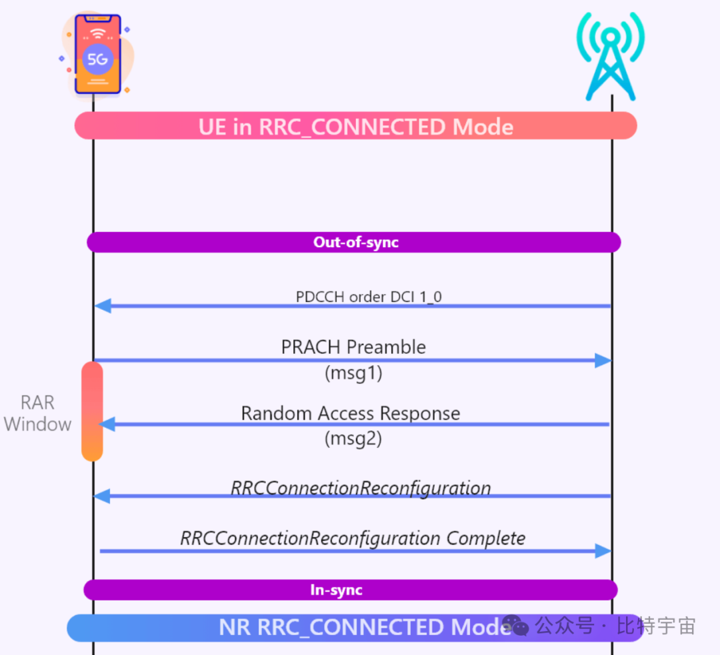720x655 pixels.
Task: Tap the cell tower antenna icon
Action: pyautogui.click(x=611, y=57)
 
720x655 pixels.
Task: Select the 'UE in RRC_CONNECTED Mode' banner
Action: pyautogui.click(x=355, y=126)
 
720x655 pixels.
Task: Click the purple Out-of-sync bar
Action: pyautogui.click(x=354, y=242)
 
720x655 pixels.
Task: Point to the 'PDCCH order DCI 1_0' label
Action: pyautogui.click(x=369, y=297)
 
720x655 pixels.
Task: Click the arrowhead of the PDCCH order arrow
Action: pyautogui.click(x=102, y=306)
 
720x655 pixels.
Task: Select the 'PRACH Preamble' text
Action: pyautogui.click(x=353, y=346)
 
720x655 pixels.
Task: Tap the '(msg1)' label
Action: pyautogui.click(x=353, y=373)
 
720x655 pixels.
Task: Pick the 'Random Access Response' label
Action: pyautogui.click(x=351, y=413)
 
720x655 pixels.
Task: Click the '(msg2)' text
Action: pyautogui.click(x=353, y=438)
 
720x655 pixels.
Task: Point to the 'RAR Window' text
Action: pyautogui.click(x=37, y=413)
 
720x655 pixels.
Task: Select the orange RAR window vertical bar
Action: pyautogui.click(x=92, y=411)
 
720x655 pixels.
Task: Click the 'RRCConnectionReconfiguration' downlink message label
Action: pyautogui.click(x=361, y=488)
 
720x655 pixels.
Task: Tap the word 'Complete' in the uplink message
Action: pyautogui.click(x=486, y=538)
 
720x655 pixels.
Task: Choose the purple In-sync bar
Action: pyautogui.click(x=350, y=590)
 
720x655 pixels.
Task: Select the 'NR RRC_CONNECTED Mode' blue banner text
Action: pyautogui.click(x=363, y=628)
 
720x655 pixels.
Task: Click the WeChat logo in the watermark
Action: pyautogui.click(x=516, y=626)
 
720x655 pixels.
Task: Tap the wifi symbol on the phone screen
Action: pyautogui.click(x=98, y=33)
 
